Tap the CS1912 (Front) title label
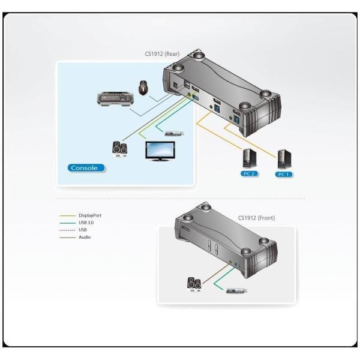click(x=256, y=218)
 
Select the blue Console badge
click(x=84, y=168)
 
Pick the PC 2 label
click(x=248, y=175)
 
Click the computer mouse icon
click(x=143, y=88)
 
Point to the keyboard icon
click(x=115, y=98)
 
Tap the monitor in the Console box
click(x=160, y=151)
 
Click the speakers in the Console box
click(x=120, y=148)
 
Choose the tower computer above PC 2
click(x=248, y=158)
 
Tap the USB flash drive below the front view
click(x=236, y=291)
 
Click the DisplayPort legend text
click(x=90, y=215)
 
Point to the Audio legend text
click(x=85, y=237)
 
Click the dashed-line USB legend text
click(x=83, y=230)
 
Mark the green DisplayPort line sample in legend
click(x=67, y=215)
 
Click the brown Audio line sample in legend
click(x=67, y=237)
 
